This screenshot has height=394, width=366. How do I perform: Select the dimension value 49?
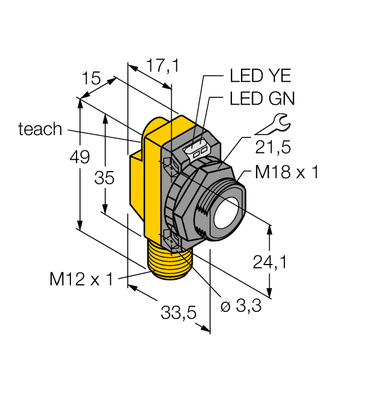[80, 157]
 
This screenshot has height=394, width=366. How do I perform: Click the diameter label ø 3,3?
[240, 307]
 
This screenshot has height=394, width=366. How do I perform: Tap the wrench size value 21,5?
[273, 147]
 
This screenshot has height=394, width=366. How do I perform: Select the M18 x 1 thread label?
[286, 173]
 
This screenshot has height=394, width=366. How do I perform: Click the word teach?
[40, 129]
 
